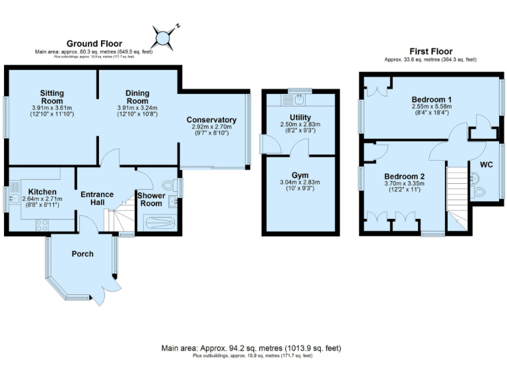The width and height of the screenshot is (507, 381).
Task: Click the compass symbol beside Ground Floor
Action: pos(164,36)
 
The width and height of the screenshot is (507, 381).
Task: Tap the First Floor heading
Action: pos(430,51)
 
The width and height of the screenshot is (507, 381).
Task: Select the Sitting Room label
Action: pos(51,97)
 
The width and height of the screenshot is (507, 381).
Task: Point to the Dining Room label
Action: pos(137,97)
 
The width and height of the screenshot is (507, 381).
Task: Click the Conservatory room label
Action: pos(211,119)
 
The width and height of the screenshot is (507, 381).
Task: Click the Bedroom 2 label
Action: pos(405,176)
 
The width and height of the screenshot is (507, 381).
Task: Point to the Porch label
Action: pos(83,254)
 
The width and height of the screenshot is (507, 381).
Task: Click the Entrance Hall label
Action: pos(98,198)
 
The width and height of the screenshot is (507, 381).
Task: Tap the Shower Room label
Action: pos(151,200)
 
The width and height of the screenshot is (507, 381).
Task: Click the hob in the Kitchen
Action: pos(40,225)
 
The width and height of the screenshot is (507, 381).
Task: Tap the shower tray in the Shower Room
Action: pos(154,223)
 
